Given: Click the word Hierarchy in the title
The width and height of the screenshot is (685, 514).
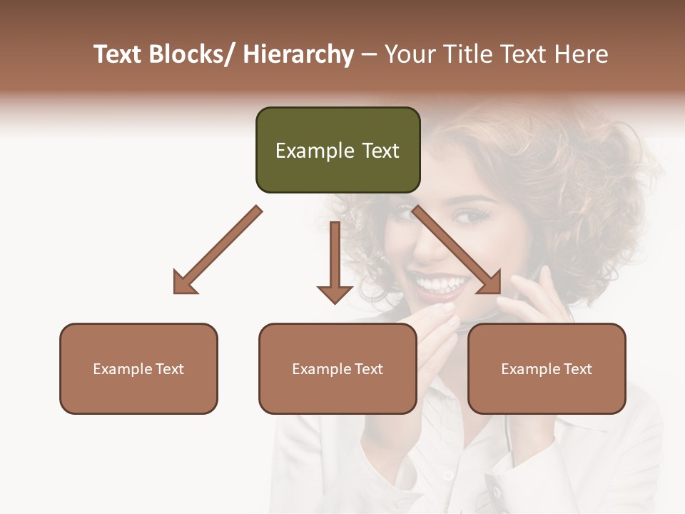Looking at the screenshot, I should point(298,55).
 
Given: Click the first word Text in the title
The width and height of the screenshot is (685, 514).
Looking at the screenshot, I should point(118,55).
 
